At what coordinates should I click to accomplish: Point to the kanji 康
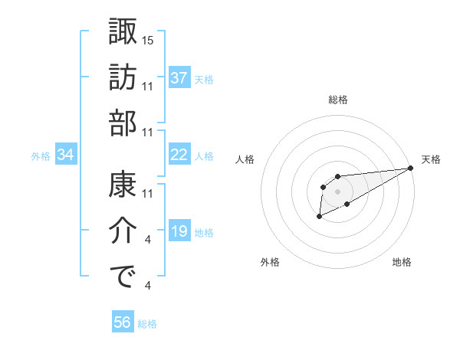[123, 185]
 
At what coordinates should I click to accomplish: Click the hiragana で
[123, 277]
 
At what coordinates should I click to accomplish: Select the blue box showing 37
[179, 78]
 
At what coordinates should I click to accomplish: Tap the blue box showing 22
[179, 155]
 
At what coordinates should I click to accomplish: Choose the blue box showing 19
[179, 231]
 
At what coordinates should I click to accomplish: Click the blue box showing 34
[66, 155]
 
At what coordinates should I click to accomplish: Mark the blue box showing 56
[123, 322]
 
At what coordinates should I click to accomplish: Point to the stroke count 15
[149, 39]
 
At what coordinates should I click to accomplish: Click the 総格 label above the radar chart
[337, 100]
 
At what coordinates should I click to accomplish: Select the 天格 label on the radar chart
[431, 159]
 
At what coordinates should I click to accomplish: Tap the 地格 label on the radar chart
[402, 262]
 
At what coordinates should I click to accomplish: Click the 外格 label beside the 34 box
[41, 156]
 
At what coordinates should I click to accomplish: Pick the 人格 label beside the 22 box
[204, 156]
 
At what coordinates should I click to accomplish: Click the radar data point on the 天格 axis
[410, 168]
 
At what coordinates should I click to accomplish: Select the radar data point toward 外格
[319, 218]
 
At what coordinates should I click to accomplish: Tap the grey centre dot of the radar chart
[337, 191]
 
